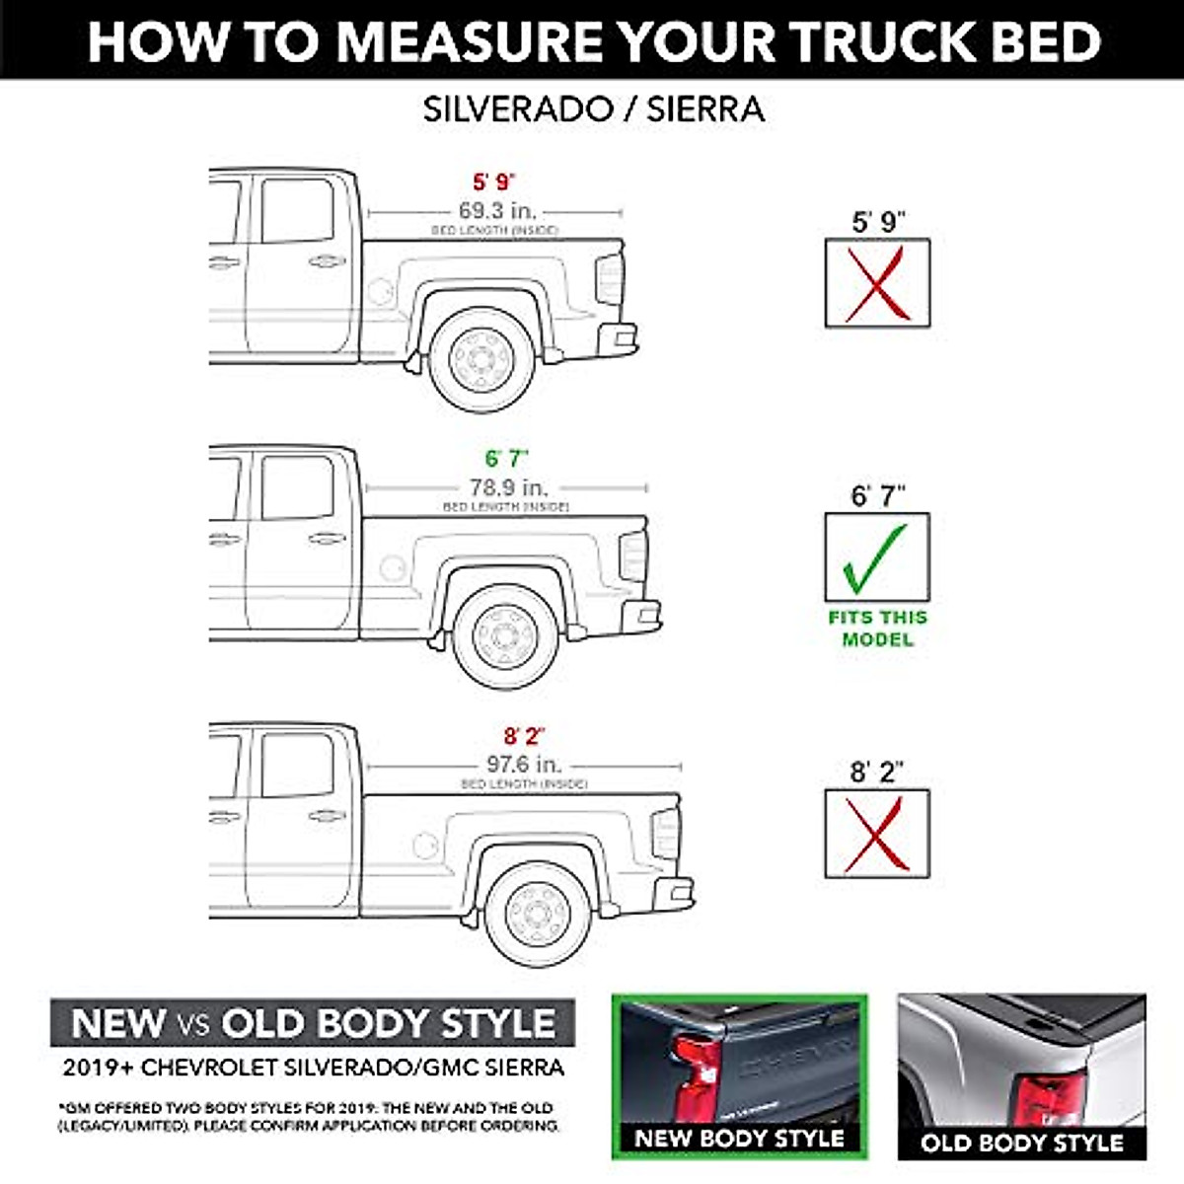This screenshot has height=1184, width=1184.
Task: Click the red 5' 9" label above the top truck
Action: point(494,183)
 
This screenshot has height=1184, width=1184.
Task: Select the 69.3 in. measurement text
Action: point(496,210)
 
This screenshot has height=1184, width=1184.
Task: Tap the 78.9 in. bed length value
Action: point(507,487)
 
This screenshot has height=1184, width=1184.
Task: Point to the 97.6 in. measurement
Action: point(524,765)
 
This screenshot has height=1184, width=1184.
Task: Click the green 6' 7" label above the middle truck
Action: point(507,459)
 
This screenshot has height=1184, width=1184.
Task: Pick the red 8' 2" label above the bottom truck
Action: point(524,736)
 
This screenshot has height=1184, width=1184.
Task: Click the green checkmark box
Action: point(877,557)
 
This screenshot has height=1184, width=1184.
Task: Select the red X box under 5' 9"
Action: point(877,283)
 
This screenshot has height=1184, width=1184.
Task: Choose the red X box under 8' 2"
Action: point(877,834)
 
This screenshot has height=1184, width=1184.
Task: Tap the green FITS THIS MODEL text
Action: point(877,629)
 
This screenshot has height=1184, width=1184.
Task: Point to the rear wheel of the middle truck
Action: point(507,636)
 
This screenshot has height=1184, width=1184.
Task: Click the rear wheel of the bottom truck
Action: point(539,913)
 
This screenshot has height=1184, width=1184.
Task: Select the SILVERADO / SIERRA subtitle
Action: point(593,109)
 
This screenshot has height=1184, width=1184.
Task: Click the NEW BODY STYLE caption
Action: point(739,1138)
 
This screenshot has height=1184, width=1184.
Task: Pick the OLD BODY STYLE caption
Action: point(1022,1144)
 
